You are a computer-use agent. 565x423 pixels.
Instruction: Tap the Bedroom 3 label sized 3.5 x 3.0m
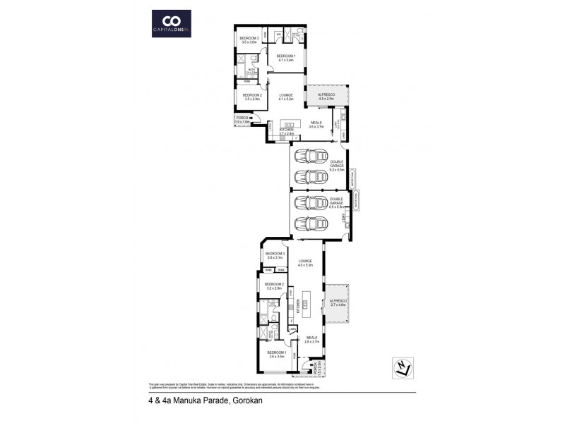249,40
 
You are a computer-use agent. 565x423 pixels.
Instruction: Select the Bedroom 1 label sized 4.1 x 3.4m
286,58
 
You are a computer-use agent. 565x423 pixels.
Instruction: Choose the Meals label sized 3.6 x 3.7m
316,125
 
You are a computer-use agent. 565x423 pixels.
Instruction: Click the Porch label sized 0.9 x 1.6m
243,120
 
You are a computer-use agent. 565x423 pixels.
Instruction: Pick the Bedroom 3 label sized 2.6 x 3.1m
275,255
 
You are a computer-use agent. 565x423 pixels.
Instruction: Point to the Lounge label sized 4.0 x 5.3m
305,263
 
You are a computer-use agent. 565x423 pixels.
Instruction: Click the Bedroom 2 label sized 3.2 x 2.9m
274,286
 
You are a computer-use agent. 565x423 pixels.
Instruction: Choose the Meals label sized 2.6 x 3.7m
311,339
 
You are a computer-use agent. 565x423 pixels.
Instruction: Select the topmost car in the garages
311,157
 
